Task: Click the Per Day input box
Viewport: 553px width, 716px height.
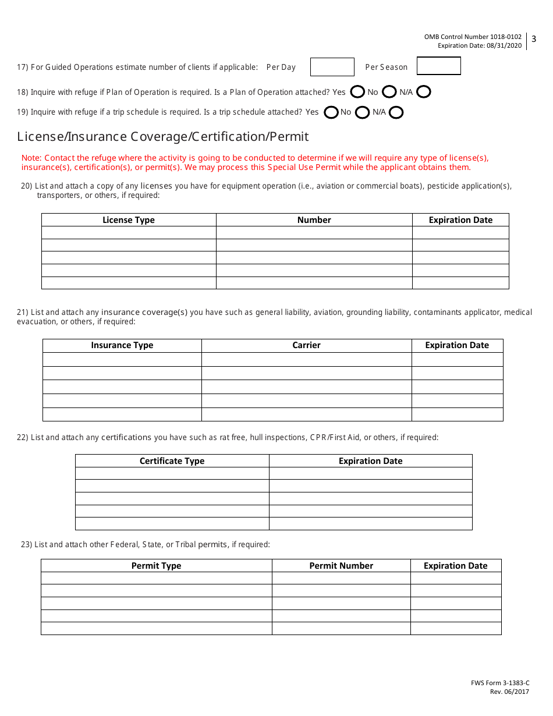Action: pos(332,67)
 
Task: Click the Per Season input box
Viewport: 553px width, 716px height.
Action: pos(438,66)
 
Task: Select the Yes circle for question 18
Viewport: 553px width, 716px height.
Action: pos(358,92)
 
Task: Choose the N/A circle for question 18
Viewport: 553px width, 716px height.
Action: pos(424,92)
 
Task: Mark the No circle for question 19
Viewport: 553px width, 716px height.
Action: pos(362,112)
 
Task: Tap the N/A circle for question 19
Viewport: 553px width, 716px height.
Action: pos(396,112)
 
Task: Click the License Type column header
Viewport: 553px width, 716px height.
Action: pos(129,220)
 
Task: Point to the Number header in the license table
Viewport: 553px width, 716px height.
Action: pos(314,220)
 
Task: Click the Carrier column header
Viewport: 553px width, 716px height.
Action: pos(306,345)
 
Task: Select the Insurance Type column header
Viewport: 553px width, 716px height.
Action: pos(122,345)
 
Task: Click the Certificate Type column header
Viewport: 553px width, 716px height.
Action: pos(172,461)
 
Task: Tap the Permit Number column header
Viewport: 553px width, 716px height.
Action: pos(341,566)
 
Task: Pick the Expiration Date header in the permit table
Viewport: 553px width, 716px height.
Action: pos(455,566)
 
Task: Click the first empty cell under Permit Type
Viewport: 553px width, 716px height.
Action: pos(156,578)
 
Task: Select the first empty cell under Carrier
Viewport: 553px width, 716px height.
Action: pos(306,359)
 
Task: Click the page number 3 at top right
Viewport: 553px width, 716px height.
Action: pos(534,40)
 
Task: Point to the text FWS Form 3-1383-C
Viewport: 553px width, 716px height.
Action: pos(500,683)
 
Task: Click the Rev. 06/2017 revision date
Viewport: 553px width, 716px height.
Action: pos(509,692)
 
